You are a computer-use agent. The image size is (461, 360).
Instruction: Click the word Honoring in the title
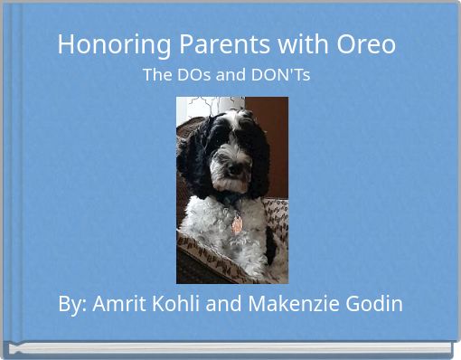click(99, 44)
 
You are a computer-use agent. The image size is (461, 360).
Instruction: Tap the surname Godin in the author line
click(375, 304)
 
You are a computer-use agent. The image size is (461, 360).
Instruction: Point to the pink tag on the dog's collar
click(237, 223)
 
